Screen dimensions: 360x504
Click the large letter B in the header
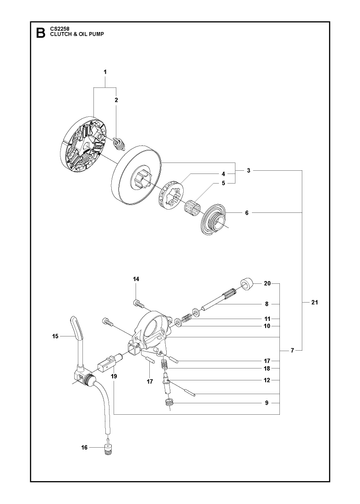pos(40,34)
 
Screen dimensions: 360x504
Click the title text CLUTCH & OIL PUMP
pos(77,34)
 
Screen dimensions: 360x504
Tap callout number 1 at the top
pos(105,72)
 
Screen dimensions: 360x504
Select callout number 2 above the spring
pos(116,100)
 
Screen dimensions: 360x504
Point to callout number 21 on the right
pos(315,302)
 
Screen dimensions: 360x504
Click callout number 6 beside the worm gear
pos(247,212)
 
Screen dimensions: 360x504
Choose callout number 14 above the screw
pos(136,279)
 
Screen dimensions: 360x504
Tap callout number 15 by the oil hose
pos(55,336)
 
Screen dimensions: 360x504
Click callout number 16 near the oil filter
pos(84,447)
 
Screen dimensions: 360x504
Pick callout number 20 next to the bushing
pos(267,283)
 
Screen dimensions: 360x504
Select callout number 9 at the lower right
pos(267,403)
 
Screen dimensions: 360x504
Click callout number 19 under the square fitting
pos(114,376)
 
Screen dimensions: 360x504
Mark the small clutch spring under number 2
pos(120,144)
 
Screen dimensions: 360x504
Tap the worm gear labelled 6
pos(215,220)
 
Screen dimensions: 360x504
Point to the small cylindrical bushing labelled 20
pos(247,284)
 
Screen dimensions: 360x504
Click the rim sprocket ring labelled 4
pos(171,194)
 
